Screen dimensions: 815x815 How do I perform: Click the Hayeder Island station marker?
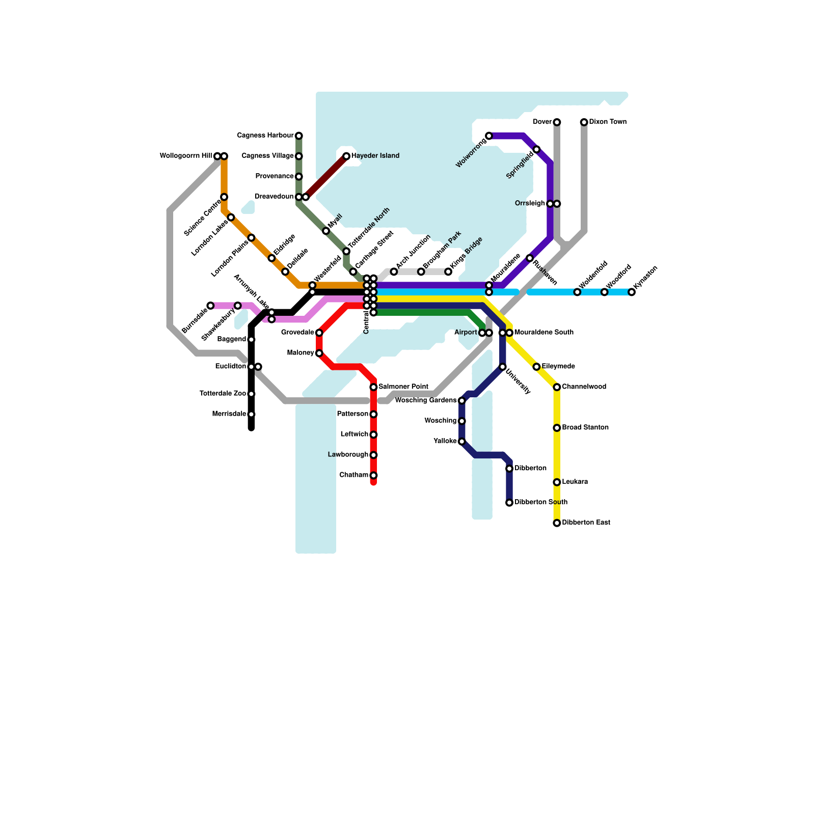tap(346, 156)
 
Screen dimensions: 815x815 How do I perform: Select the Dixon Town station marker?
tap(584, 122)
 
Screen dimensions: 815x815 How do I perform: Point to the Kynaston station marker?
tap(632, 292)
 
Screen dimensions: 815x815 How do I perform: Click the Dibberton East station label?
tap(586, 523)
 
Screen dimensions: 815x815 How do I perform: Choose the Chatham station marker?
tap(373, 475)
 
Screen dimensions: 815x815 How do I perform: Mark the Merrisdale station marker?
tap(251, 414)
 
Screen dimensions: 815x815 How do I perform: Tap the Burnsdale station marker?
tap(210, 306)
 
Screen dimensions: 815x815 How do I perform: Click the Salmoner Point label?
tap(403, 387)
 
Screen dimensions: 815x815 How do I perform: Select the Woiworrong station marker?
tap(489, 135)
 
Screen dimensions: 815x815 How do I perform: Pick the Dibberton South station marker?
tap(509, 503)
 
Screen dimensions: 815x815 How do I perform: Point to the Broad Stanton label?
tap(585, 428)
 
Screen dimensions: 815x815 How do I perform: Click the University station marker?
tap(503, 367)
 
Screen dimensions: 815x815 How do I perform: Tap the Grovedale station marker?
tap(319, 333)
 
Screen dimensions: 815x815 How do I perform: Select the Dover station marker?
tap(557, 122)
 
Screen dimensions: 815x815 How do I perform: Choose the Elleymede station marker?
tap(536, 367)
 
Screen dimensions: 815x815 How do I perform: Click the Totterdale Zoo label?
tap(223, 394)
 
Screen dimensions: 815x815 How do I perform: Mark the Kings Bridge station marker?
tap(448, 271)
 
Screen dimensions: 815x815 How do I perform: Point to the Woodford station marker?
tap(604, 292)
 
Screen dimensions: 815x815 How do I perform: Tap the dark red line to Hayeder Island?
tap(326, 176)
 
